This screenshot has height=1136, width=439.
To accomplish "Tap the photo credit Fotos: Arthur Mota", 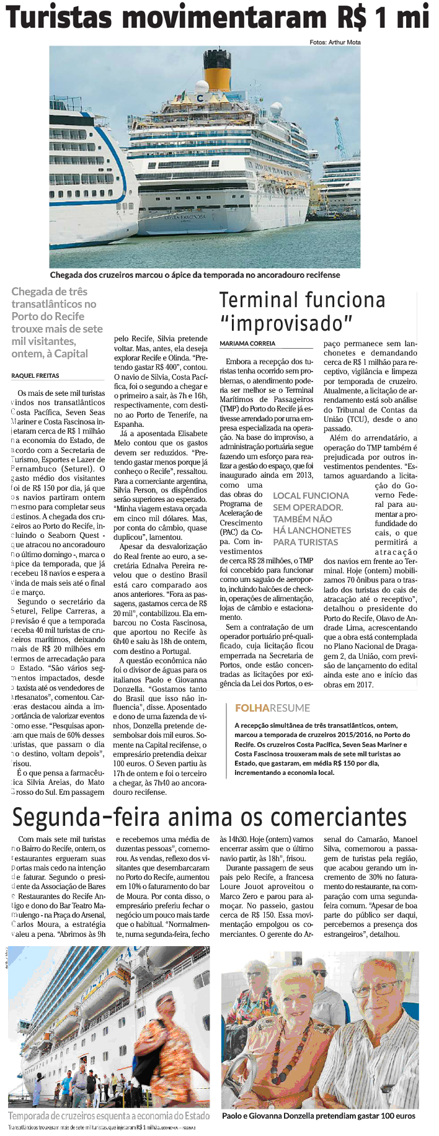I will click(335, 42).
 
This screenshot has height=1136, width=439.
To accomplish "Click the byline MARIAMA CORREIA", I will click(247, 343).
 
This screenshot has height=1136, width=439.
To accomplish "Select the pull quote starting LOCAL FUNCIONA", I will click(311, 519).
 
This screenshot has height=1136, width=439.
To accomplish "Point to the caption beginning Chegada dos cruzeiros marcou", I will click(195, 275).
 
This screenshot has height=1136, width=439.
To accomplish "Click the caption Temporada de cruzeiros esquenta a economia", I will click(109, 1115).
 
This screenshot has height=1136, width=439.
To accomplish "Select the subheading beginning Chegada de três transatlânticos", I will click(56, 323).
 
